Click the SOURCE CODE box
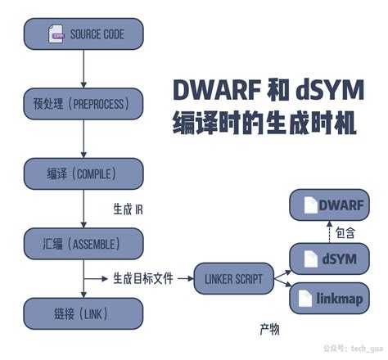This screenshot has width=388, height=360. (x=85, y=34)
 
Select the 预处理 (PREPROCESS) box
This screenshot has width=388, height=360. (x=85, y=104)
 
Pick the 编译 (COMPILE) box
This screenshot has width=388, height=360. (x=85, y=173)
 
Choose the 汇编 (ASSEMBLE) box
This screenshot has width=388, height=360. (x=85, y=242)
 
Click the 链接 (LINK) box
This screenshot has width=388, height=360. (x=85, y=312)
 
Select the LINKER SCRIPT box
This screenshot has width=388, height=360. (x=232, y=279)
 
